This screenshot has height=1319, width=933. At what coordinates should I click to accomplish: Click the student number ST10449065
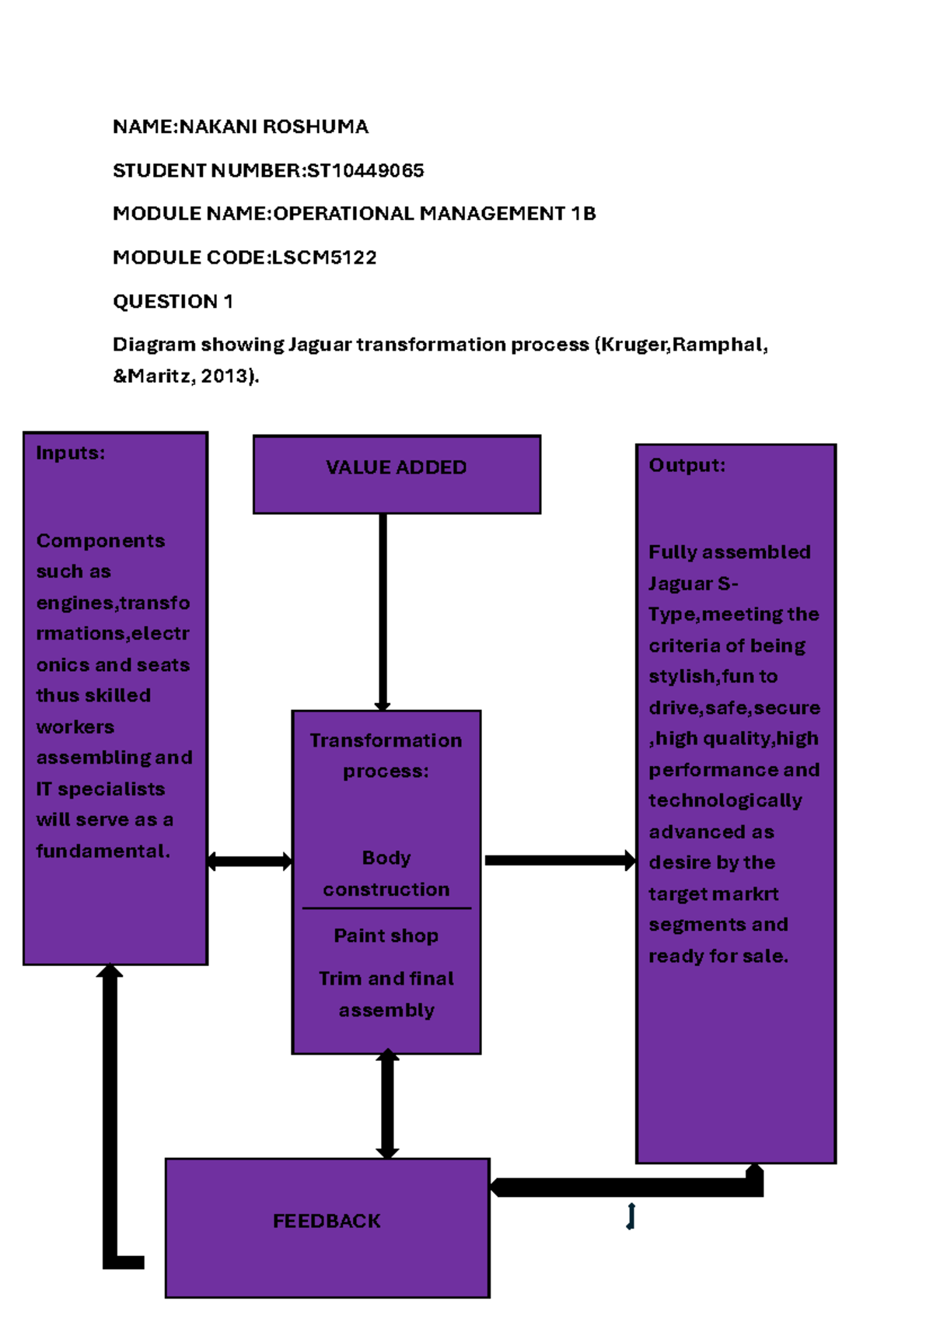pos(365,170)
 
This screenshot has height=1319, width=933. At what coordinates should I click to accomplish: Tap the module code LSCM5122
pos(323,257)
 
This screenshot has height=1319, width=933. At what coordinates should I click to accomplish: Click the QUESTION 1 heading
pos(173,302)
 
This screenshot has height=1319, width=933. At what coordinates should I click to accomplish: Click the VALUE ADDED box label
pos(396,467)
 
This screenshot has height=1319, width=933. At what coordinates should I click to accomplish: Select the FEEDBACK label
pos(327,1221)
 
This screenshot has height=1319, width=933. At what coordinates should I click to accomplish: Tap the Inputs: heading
pos(70,453)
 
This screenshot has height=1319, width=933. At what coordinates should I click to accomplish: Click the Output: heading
pos(687,466)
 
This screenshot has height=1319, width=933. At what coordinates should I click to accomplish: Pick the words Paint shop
pos(386,936)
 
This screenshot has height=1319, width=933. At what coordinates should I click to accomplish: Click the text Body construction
pos(386,873)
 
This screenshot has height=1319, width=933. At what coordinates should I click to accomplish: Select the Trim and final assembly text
pos(386,994)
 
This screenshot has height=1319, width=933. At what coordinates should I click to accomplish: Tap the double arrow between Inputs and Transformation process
pos(250,861)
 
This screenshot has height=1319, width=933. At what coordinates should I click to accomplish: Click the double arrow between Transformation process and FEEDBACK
pos(387,1104)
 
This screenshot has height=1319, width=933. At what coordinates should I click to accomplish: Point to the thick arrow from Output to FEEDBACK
pos(622,1187)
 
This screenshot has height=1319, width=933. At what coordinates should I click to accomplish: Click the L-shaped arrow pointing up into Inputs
pos(110,1112)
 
